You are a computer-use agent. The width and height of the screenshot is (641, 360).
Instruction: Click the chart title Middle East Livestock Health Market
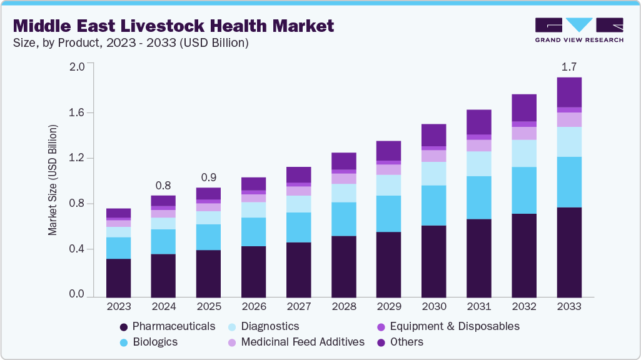pos(173,26)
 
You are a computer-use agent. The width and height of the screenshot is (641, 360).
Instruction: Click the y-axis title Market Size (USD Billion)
pos(53,181)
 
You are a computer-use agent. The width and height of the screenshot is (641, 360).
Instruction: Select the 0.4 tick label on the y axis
pos(76,249)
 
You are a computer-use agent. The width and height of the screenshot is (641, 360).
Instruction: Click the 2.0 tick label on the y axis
pos(76,67)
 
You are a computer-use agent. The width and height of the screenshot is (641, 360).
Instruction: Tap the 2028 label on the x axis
pos(343,307)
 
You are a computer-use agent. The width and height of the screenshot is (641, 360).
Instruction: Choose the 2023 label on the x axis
pos(118,307)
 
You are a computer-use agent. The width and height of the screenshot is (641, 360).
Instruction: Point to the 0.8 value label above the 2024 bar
pos(163,185)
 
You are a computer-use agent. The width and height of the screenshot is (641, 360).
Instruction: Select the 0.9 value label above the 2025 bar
pos(208,177)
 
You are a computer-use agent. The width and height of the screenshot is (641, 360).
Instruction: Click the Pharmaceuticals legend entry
pos(167,326)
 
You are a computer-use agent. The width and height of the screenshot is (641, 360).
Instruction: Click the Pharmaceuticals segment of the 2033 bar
pos(569,252)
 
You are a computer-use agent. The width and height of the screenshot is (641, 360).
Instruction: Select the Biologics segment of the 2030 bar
pos(433,206)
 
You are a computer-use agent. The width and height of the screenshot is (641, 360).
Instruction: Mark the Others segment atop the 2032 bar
pos(524,107)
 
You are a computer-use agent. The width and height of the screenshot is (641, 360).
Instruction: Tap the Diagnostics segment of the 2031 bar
pos(479,164)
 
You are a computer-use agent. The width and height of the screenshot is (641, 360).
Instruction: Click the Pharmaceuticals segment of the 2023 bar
pos(118,277)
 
